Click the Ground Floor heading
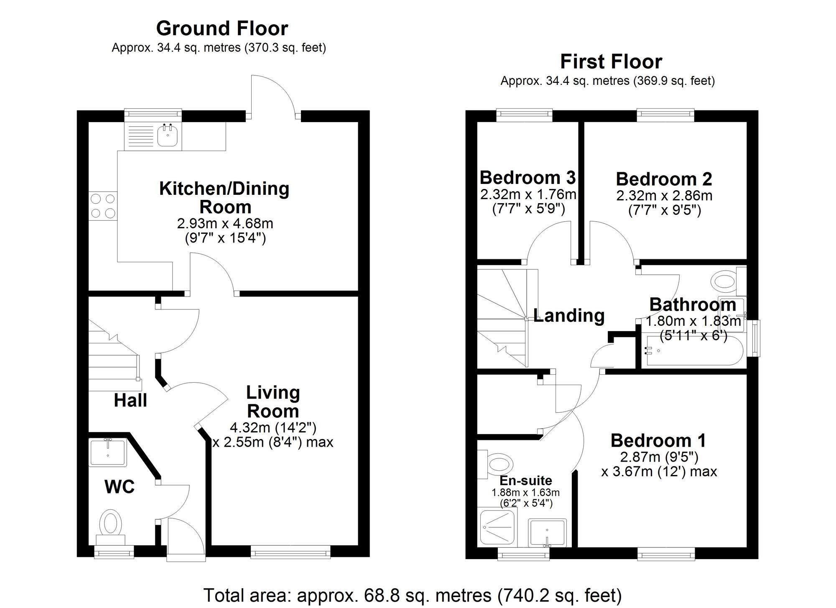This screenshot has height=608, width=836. [222, 29]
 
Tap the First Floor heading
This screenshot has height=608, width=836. [611, 62]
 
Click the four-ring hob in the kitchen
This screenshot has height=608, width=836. [103, 206]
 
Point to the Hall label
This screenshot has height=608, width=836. [130, 401]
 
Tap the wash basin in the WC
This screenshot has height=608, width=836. [108, 452]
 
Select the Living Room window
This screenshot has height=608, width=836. [291, 553]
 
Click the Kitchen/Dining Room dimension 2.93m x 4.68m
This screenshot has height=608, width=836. [225, 224]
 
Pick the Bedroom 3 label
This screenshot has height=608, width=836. [528, 178]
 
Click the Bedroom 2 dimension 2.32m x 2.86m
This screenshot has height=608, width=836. [664, 196]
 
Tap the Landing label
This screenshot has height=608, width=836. [569, 315]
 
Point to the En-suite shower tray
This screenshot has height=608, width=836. [497, 527]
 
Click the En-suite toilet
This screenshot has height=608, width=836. [499, 464]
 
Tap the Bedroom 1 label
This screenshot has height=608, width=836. [658, 440]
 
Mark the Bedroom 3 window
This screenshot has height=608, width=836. [524, 115]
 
